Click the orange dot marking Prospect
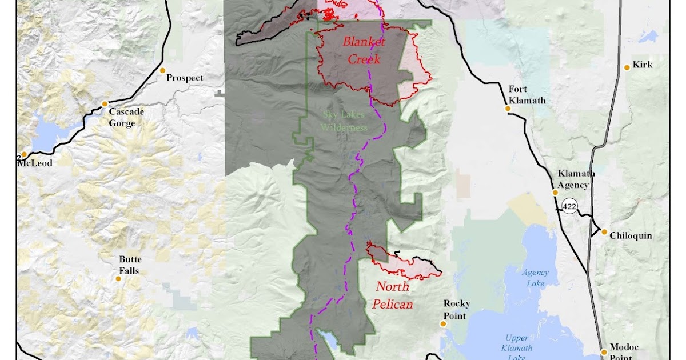[x=162, y=71]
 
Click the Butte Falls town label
[x=129, y=265]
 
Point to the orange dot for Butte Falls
[x=118, y=279]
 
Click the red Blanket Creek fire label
[x=364, y=50]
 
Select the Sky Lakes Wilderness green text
[x=345, y=121]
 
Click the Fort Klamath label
[x=527, y=95]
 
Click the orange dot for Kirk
[x=627, y=67]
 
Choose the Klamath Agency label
[x=573, y=179]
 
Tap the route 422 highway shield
[x=569, y=206]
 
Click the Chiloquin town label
[x=631, y=235]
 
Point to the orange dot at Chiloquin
[x=604, y=232]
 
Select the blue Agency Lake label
[x=535, y=278]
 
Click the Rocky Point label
[x=455, y=310]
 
